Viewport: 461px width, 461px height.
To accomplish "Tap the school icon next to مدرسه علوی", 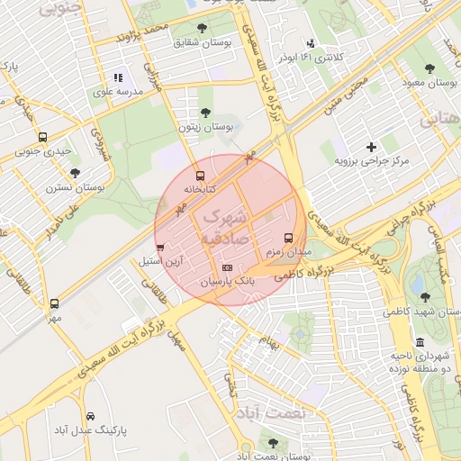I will click(x=117, y=78).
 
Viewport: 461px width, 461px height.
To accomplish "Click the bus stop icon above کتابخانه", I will click(x=200, y=176).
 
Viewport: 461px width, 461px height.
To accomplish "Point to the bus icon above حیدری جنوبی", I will click(x=42, y=137).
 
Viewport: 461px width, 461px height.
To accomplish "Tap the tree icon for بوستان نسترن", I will click(x=75, y=173).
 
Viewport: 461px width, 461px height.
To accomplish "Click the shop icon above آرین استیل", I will click(x=160, y=247).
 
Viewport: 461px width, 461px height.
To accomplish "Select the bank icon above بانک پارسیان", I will click(x=226, y=267).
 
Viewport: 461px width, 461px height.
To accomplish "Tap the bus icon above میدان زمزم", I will click(x=288, y=239).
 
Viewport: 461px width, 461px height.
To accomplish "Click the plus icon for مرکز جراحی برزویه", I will click(x=371, y=147).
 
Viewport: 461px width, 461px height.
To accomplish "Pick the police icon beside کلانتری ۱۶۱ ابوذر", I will click(x=311, y=43).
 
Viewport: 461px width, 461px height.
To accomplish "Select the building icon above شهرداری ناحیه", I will click(x=420, y=342).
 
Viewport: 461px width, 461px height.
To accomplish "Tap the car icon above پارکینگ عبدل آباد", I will click(x=91, y=416).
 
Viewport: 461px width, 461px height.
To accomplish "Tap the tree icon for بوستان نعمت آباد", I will click(x=273, y=443).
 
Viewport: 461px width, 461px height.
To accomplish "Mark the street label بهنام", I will click(x=269, y=342).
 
